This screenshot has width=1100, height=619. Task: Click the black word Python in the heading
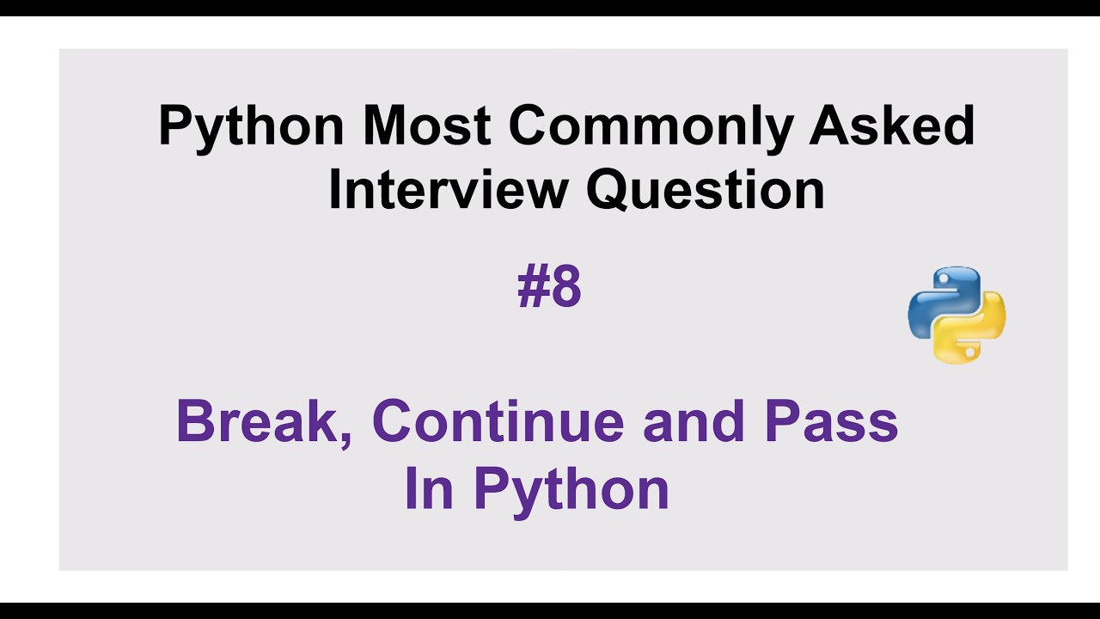[251, 126]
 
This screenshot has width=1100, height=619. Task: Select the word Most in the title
[426, 126]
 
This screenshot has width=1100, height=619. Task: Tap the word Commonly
[651, 126]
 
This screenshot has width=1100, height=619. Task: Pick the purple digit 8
[566, 287]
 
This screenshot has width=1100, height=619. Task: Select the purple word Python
[571, 490]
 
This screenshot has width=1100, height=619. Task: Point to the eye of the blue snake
[943, 279]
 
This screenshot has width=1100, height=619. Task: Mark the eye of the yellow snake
[970, 351]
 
